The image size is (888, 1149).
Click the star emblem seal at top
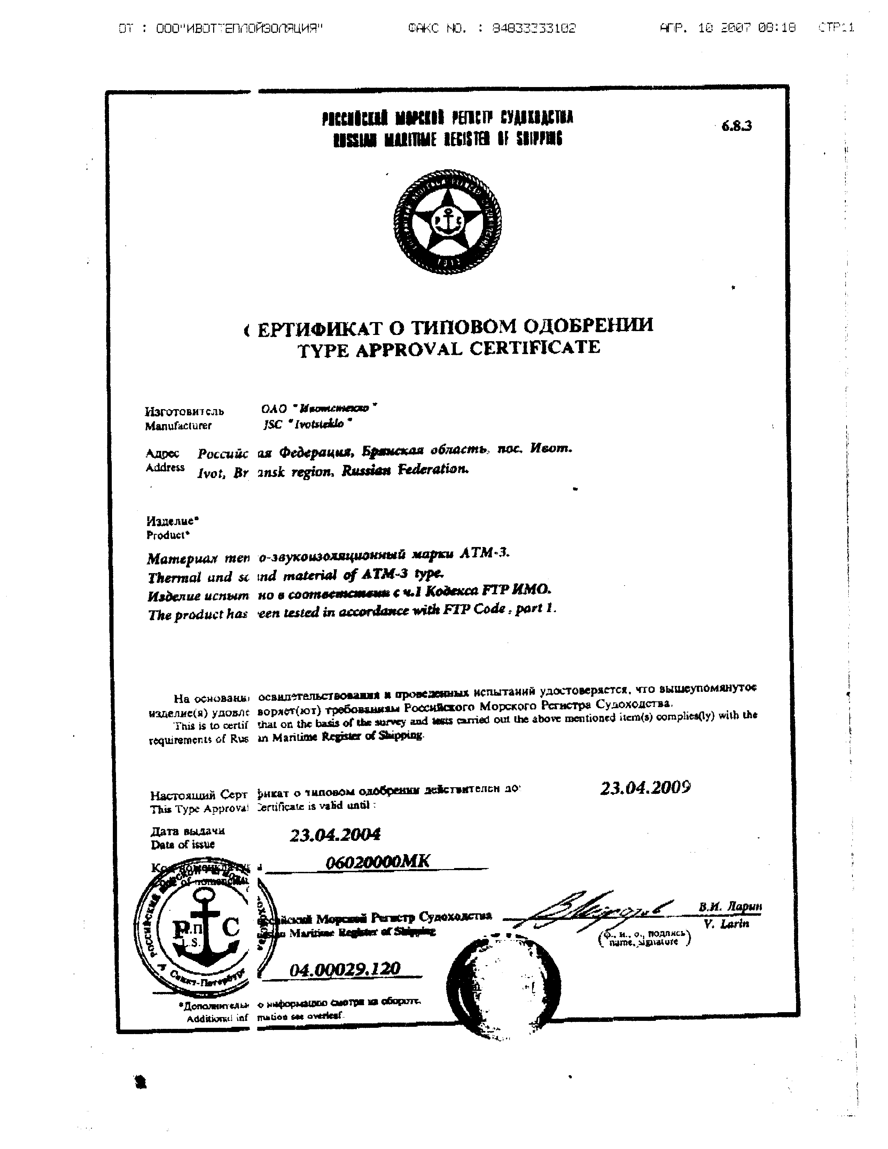(447, 221)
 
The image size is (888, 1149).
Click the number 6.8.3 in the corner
(737, 126)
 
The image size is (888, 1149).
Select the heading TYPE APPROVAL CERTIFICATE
(449, 348)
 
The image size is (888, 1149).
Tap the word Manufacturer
(178, 425)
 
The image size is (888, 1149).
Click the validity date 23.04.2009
(645, 788)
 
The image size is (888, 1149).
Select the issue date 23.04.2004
(335, 834)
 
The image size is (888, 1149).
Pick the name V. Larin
(726, 924)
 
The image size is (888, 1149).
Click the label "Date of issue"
(182, 844)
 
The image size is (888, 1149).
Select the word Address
(165, 467)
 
